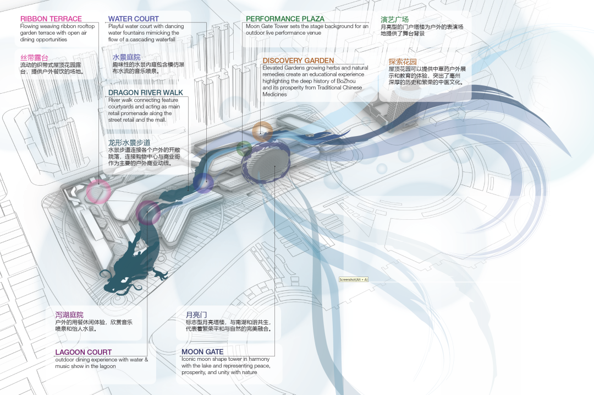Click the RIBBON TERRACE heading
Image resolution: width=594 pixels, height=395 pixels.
[51, 19]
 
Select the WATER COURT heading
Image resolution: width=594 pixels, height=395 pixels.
[134, 19]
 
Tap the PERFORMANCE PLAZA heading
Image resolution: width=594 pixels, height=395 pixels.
[285, 19]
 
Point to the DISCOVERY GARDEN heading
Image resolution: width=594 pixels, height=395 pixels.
[298, 61]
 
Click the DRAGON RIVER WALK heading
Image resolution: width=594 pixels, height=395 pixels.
[146, 93]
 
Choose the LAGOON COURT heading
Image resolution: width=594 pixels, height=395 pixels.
[83, 352]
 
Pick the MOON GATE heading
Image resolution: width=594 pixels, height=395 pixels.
[202, 351]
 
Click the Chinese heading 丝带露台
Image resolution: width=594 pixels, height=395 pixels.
[34, 57]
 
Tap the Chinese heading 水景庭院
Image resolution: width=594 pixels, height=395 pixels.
[127, 57]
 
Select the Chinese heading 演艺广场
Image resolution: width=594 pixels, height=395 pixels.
[395, 19]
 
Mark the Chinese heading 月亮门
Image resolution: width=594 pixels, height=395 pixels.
[196, 315]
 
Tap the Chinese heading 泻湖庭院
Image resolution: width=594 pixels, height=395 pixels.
[69, 315]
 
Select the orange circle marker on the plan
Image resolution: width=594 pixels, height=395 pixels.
[262, 131]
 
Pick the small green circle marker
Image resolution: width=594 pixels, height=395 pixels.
[244, 148]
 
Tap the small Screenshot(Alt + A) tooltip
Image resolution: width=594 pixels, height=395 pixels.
[354, 280]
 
